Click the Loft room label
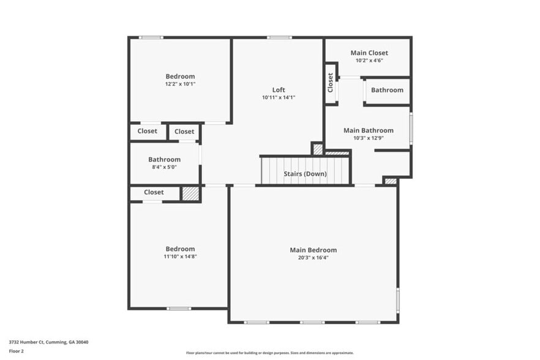point(279,90)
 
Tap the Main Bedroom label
point(313,250)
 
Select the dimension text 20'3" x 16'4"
point(313,258)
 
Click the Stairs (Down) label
point(305,174)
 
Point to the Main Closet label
point(369,53)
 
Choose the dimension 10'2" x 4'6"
point(369,61)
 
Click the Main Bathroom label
point(368,130)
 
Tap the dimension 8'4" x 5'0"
point(164,167)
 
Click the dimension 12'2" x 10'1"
point(180,84)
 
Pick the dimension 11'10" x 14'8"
point(180,257)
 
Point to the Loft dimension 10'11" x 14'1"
point(279,97)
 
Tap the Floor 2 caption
point(17,351)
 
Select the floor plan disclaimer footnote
point(269,353)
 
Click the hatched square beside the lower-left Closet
point(191,193)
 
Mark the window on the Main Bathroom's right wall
point(411,128)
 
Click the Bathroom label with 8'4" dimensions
point(164,160)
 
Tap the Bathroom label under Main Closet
point(387,90)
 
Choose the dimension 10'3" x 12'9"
point(368,138)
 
